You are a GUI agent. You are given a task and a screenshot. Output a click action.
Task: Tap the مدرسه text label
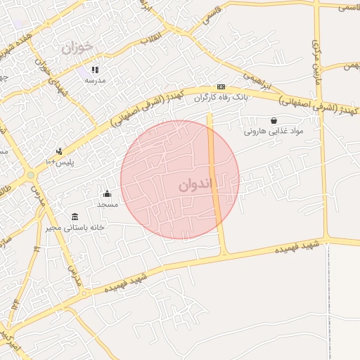coord(95,80)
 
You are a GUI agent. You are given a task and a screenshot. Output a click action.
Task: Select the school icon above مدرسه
coord(95,70)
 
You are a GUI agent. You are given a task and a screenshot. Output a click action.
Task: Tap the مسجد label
coord(107,204)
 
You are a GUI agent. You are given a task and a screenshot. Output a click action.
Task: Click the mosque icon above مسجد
coord(107,194)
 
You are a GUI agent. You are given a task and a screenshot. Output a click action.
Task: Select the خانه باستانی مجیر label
coord(75,227)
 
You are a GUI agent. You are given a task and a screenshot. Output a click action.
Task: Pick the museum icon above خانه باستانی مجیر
coord(75,217)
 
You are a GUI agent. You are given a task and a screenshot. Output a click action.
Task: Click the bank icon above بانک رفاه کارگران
coord(220,86)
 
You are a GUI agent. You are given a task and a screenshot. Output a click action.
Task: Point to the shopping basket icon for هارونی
coord(273,121)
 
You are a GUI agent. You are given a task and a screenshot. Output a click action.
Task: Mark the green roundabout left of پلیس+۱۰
coord(30,175)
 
